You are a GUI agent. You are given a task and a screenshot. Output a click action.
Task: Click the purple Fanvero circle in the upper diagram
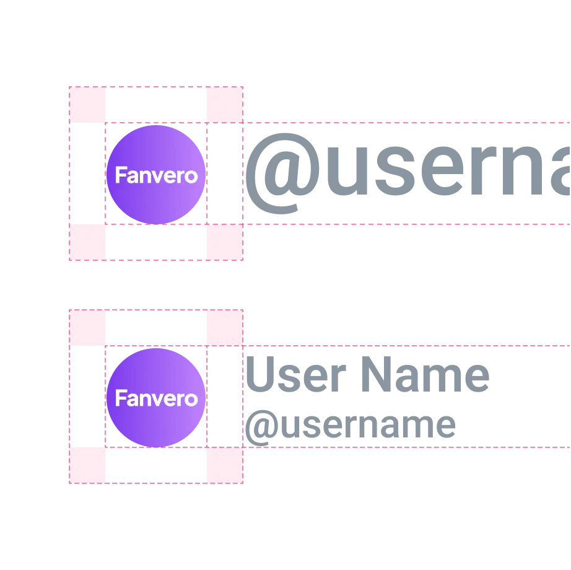(x=156, y=174)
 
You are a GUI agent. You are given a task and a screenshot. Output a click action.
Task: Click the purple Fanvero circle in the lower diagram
(x=156, y=397)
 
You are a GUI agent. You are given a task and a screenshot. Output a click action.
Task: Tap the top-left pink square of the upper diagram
(x=87, y=103)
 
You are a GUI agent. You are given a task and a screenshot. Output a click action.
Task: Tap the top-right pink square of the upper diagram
(x=225, y=103)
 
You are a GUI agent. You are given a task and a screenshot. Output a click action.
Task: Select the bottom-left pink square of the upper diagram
(x=87, y=242)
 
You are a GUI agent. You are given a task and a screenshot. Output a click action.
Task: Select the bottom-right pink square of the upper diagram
(x=225, y=242)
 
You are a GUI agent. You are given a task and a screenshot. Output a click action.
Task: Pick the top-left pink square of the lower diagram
(x=87, y=327)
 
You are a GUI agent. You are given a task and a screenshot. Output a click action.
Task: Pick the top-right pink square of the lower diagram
(x=225, y=327)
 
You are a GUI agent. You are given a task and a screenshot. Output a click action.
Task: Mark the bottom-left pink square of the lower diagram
(x=87, y=465)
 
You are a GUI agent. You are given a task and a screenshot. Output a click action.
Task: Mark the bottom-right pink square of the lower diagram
(x=225, y=465)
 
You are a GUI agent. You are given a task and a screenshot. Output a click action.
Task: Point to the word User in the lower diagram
(x=294, y=375)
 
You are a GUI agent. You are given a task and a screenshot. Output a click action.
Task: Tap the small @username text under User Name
(x=350, y=427)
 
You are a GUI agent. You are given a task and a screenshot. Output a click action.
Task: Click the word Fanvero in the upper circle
(x=156, y=176)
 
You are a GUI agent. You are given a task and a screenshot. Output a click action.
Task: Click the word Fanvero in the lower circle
(x=156, y=398)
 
